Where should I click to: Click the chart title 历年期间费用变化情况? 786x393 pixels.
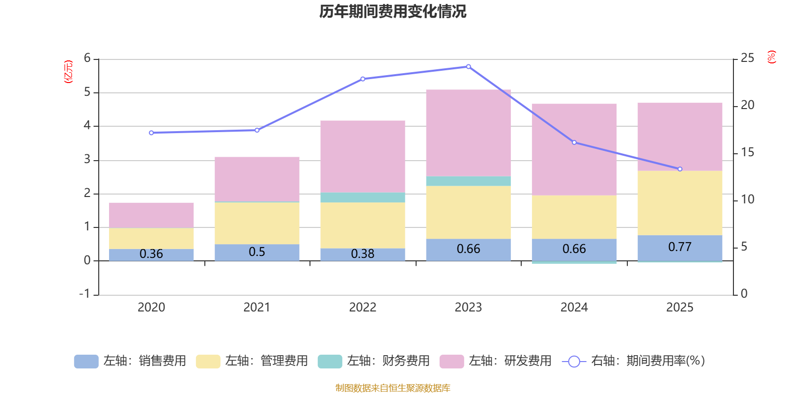393,11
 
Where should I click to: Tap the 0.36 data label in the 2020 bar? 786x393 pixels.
151,254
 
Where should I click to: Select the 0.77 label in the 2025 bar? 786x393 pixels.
680,247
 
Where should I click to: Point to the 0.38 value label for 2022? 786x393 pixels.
363,254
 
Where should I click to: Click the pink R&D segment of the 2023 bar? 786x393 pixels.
468,133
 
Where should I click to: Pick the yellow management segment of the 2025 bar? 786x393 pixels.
680,203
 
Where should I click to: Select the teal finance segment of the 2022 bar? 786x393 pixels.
363,197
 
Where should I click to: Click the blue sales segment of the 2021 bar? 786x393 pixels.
257,252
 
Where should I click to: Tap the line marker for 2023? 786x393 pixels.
468,67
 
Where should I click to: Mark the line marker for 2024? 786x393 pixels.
574,142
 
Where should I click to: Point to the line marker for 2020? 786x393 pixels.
151,133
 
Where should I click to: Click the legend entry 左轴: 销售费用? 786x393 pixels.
130,361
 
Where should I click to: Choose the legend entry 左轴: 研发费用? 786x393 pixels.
496,361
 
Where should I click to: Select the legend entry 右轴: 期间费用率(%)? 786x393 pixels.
633,361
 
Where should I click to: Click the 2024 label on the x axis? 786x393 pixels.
574,308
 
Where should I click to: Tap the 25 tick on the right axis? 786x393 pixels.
747,58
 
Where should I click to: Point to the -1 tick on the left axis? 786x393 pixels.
85,294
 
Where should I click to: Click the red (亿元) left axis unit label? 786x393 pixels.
68,72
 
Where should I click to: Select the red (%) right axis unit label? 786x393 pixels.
772,57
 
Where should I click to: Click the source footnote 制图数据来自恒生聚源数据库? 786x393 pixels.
393,388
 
